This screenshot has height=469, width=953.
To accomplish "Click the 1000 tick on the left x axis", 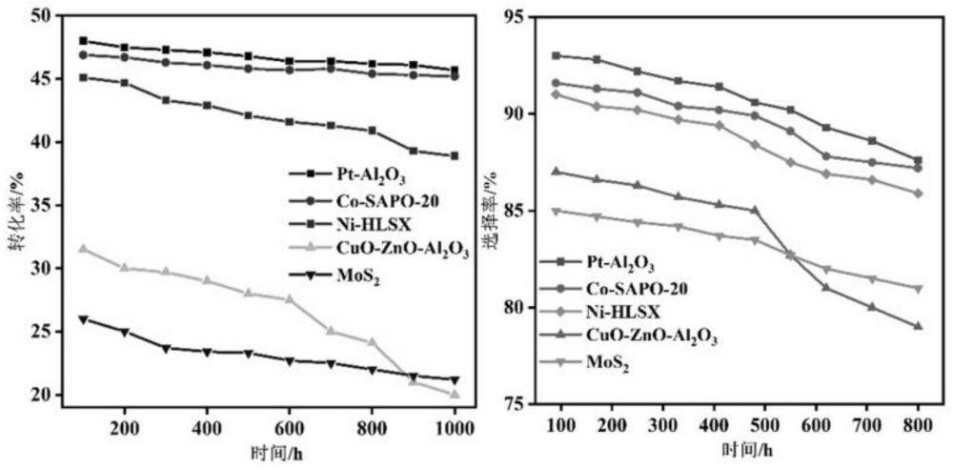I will pos(455,429).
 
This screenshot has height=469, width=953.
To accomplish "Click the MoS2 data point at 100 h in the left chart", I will pos(83,319).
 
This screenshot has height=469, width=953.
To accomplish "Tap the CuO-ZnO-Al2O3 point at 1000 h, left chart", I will pos(455,394).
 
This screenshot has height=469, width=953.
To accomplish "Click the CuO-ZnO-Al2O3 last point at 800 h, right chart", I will pos(918,326).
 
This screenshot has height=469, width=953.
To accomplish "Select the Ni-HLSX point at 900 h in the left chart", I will pos(413,151).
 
